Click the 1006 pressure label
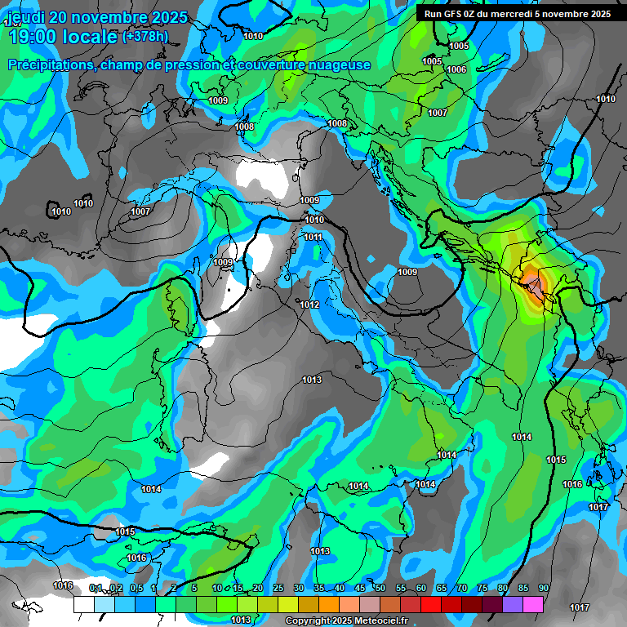click(456, 69)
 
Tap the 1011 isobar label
click(313, 237)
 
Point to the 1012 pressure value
click(309, 305)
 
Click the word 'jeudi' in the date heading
click(26, 17)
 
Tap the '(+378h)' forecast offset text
click(145, 36)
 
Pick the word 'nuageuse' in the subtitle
click(338, 65)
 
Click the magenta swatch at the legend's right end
click(533, 604)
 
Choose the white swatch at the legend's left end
click(84, 604)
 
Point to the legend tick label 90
click(544, 588)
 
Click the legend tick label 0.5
click(136, 588)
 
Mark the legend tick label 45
click(360, 588)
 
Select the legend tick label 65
click(442, 588)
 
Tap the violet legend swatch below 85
click(513, 604)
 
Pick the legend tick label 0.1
click(96, 588)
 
